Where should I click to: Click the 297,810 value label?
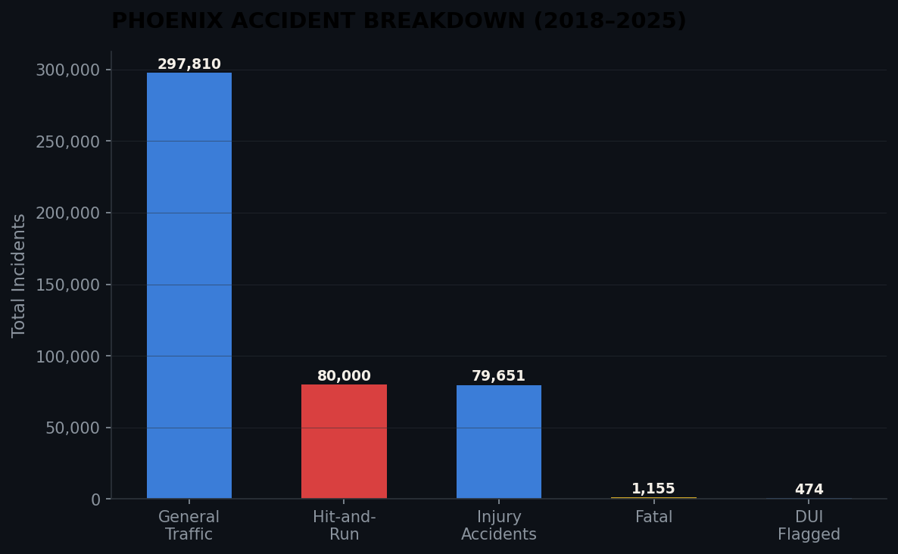(189, 65)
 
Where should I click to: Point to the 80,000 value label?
(344, 376)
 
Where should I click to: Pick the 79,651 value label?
(498, 376)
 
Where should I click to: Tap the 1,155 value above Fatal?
(653, 489)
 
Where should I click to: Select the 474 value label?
(809, 490)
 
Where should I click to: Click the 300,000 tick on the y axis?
(67, 70)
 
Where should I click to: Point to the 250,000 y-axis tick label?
(67, 142)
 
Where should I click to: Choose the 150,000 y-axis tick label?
(67, 285)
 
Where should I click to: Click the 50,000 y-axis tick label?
(72, 428)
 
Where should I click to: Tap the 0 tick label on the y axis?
(95, 500)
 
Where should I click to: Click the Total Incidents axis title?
(19, 275)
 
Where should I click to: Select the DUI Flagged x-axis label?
(809, 526)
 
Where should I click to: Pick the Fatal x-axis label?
(653, 518)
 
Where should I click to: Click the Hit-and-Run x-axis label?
(344, 526)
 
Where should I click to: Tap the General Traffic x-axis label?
(189, 526)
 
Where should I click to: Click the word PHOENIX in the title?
(167, 21)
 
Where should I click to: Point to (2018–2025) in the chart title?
(610, 21)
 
